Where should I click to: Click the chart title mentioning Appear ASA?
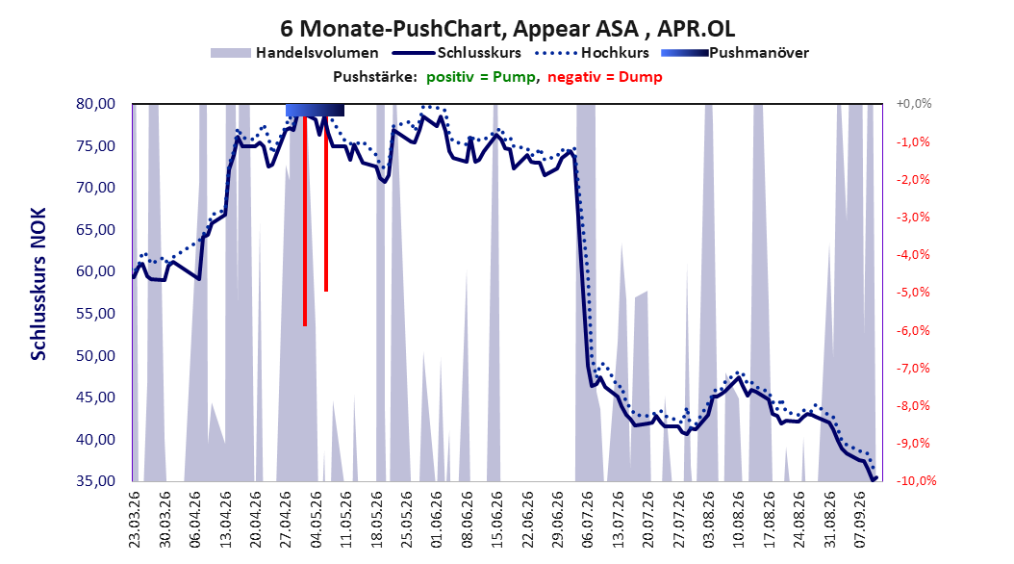(507, 29)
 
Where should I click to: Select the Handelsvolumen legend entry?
(294, 53)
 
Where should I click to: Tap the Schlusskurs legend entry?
(457, 53)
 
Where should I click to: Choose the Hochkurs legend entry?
(593, 53)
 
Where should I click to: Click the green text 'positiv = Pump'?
(481, 77)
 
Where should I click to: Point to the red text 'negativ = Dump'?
(605, 77)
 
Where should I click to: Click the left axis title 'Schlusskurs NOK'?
(38, 284)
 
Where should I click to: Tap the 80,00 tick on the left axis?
(95, 104)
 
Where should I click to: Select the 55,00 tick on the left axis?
(95, 314)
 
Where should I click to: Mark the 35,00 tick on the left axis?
(95, 481)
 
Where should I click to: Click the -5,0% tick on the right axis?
(913, 293)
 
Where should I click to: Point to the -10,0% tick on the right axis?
(916, 481)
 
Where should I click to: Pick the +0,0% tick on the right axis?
(913, 104)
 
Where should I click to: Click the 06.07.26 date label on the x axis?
(587, 520)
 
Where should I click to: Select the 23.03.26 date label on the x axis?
(134, 520)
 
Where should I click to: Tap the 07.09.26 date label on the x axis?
(859, 520)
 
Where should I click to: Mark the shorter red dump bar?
(326, 204)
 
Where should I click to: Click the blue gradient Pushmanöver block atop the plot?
(315, 110)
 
